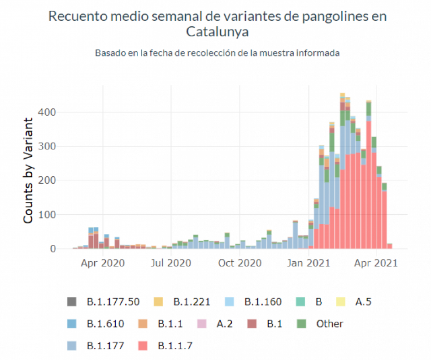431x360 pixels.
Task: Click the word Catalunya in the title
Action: (217, 32)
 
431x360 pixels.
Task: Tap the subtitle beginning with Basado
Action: (217, 53)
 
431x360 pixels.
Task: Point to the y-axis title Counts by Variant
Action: (28, 170)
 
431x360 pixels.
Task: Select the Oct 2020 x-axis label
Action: (240, 264)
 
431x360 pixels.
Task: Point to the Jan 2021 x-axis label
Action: (309, 264)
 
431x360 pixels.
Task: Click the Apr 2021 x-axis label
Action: (376, 264)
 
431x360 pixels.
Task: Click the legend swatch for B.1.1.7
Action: (143, 346)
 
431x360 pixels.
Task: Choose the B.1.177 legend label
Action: (105, 346)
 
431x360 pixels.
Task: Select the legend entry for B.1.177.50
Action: (113, 302)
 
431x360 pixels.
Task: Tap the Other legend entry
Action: (329, 324)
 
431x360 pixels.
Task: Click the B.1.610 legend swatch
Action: (72, 324)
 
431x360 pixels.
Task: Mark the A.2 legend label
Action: (224, 324)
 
